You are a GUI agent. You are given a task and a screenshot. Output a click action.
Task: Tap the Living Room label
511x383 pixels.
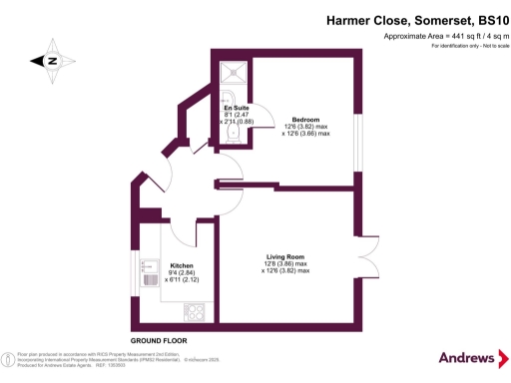[x=285, y=254]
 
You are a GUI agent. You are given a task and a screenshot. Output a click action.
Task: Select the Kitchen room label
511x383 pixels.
[x=167, y=265]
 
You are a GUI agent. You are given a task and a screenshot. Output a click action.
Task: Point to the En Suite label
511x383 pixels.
[x=235, y=108]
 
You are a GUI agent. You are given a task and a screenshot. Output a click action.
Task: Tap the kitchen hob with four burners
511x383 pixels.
[x=194, y=310]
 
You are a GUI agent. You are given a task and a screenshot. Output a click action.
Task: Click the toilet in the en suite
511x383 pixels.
[x=230, y=141]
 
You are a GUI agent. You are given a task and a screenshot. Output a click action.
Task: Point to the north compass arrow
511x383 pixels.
[x=47, y=61]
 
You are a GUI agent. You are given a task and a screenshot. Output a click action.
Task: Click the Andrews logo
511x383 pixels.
[x=463, y=358]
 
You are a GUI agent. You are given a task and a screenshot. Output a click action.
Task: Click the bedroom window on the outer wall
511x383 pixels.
[x=356, y=121]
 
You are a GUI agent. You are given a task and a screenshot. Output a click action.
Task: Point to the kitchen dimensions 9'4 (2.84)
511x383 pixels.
[x=167, y=273]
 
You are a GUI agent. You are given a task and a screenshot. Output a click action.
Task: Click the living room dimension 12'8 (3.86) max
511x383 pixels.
[x=285, y=263]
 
